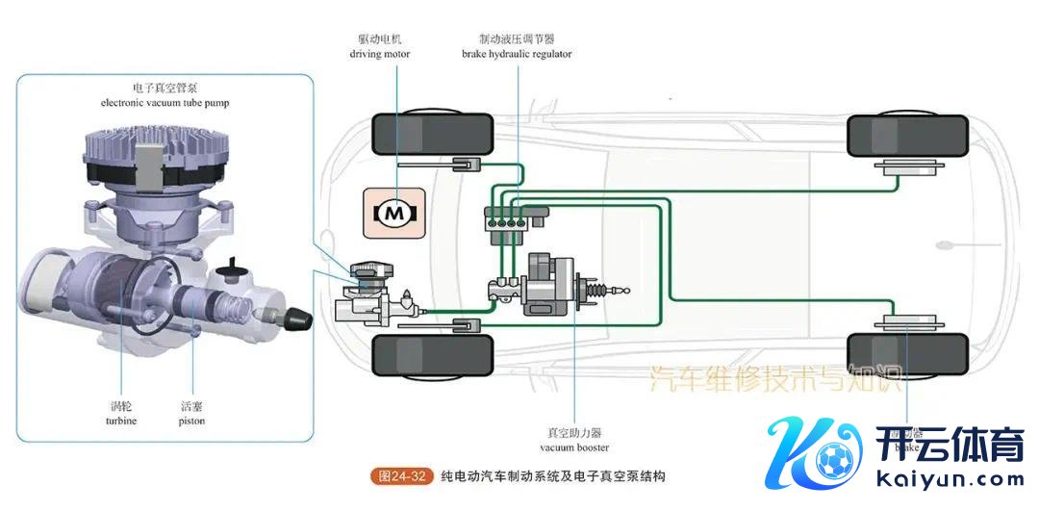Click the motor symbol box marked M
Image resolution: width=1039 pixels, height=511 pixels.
[391, 214]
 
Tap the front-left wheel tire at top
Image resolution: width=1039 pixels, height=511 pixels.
[432, 136]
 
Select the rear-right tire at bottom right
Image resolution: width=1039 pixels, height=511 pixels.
[908, 355]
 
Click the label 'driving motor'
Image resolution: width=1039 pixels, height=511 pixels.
[379, 54]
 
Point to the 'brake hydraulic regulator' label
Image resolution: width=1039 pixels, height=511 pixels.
[517, 54]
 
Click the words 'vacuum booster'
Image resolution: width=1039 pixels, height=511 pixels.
[573, 447]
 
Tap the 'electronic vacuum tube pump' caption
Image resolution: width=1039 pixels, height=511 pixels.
[165, 102]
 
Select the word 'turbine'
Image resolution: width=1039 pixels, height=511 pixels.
[121, 422]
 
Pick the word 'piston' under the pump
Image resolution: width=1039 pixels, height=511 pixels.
[191, 422]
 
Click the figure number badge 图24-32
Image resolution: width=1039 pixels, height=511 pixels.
[402, 476]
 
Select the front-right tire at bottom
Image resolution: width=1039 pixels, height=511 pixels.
[432, 355]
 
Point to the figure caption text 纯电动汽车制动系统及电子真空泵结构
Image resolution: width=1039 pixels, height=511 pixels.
[553, 476]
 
